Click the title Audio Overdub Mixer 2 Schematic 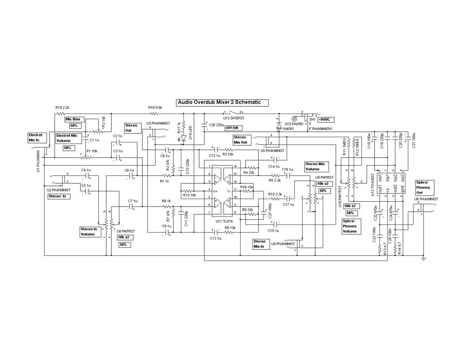tap(219, 102)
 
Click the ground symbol tap(423, 258)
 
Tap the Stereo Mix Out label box tap(241, 140)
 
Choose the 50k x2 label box tap(352, 206)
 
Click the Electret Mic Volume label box tap(67, 138)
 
